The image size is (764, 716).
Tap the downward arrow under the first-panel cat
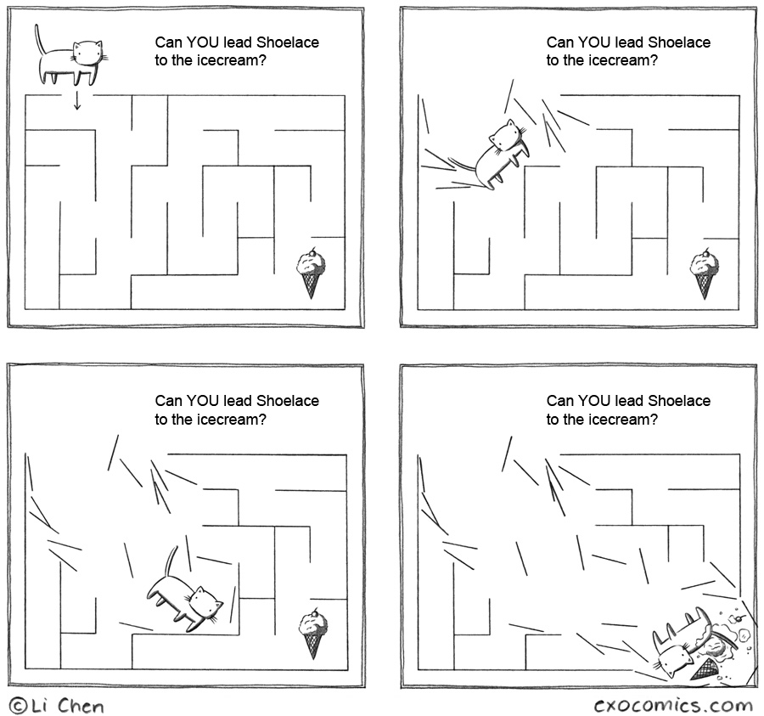tap(76, 101)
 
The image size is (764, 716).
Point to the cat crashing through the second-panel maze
tap(501, 153)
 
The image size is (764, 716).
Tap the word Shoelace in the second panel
tap(679, 42)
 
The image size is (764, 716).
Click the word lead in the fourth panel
tap(629, 401)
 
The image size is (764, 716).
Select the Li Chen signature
tap(68, 706)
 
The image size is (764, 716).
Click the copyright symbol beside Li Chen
tap(18, 706)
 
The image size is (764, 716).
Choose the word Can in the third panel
tap(168, 401)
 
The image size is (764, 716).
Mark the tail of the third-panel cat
tap(171, 561)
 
